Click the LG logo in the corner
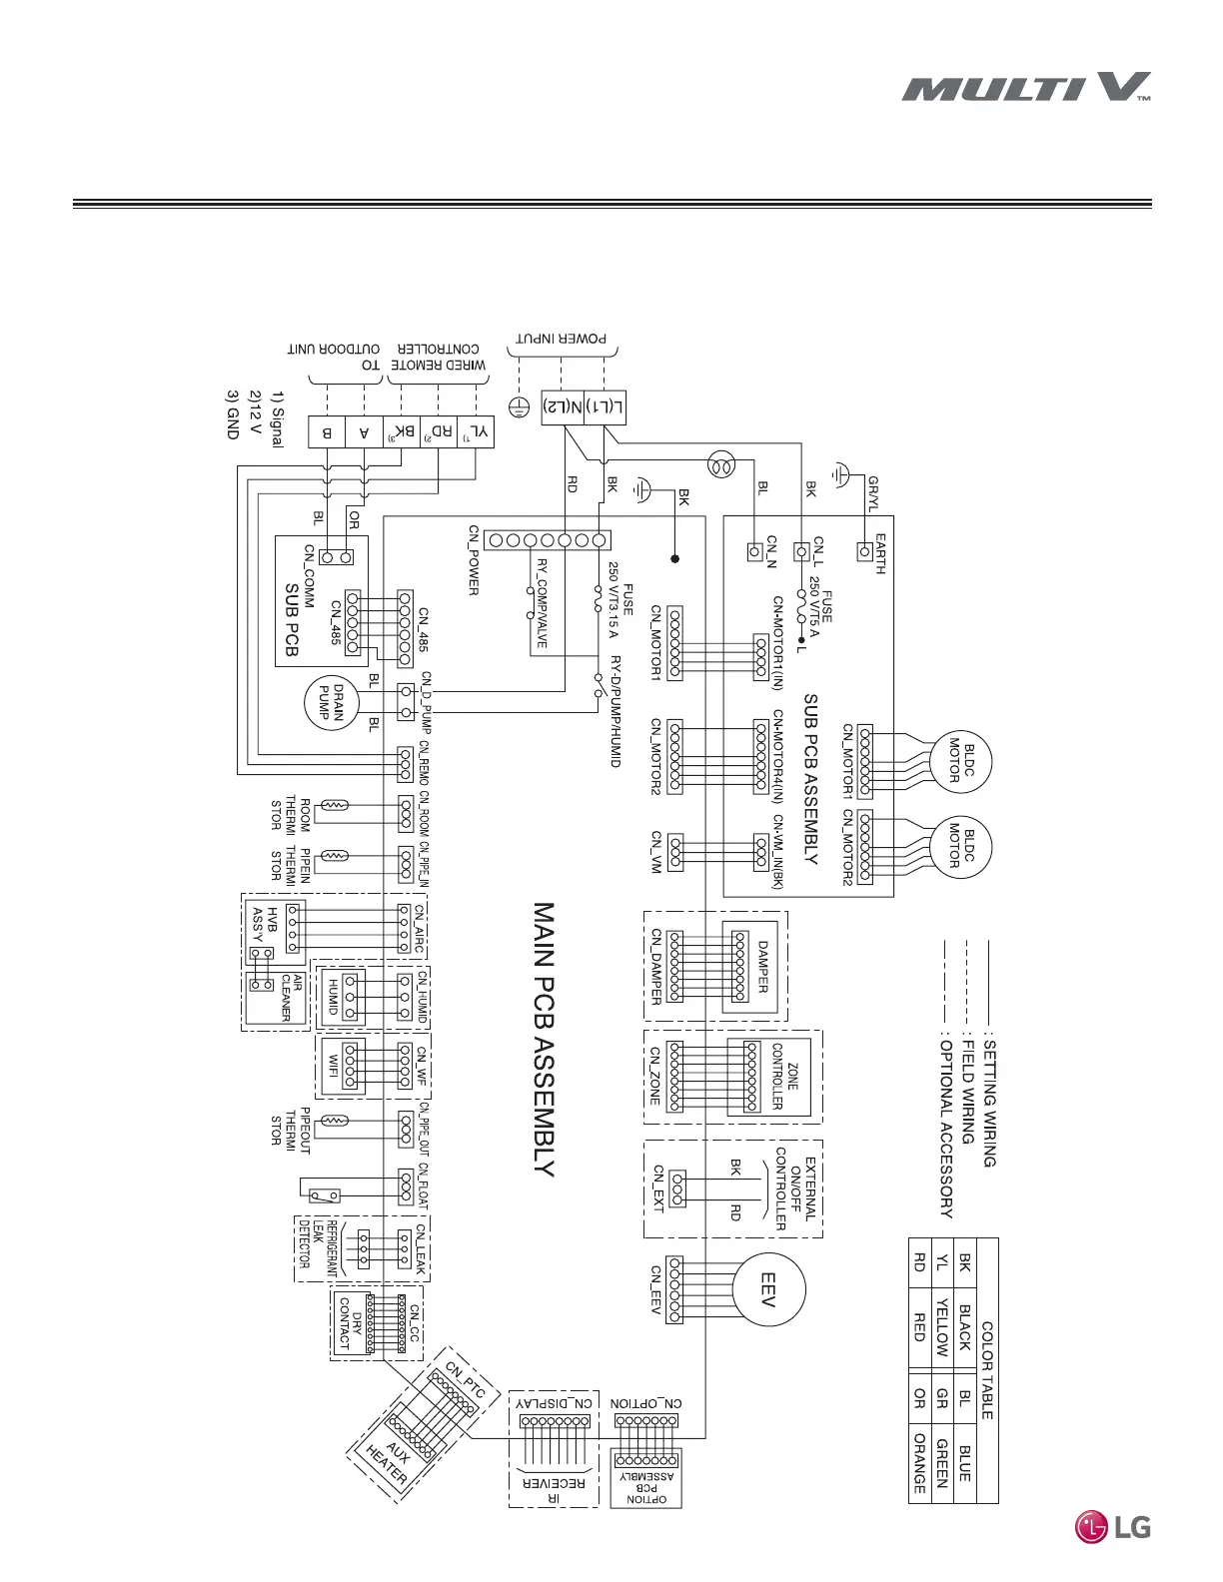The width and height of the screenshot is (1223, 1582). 1112,1526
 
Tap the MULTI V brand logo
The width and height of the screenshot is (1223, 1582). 1026,88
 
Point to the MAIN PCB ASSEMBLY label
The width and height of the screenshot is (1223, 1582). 543,1039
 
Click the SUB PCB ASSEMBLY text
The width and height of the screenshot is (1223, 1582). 810,779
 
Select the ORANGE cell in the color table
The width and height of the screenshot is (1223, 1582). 919,1463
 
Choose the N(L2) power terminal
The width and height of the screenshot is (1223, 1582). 563,406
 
